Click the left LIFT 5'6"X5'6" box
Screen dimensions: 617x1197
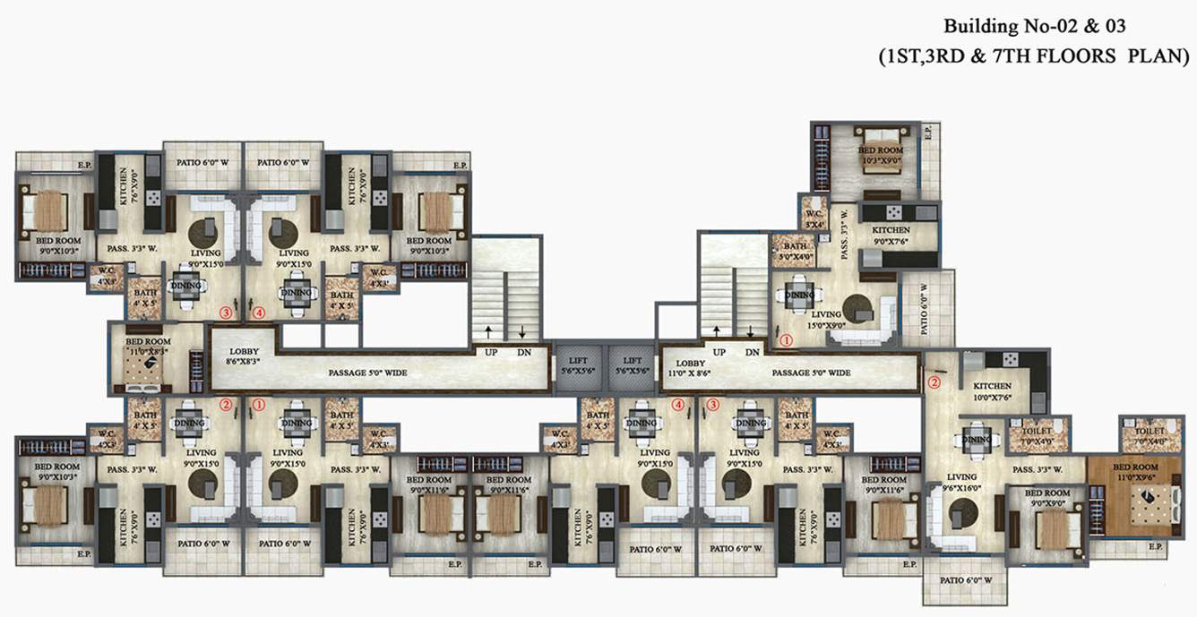pyautogui.click(x=578, y=364)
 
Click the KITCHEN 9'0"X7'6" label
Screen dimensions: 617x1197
pyautogui.click(x=891, y=236)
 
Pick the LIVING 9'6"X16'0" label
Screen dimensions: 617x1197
pyautogui.click(x=962, y=483)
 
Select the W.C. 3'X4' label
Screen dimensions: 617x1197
pyautogui.click(x=814, y=219)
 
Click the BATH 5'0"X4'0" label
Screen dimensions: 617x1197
pyautogui.click(x=795, y=252)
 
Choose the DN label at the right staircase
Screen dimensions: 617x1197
pyautogui.click(x=752, y=353)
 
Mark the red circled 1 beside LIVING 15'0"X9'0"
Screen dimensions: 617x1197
pyautogui.click(x=786, y=340)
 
